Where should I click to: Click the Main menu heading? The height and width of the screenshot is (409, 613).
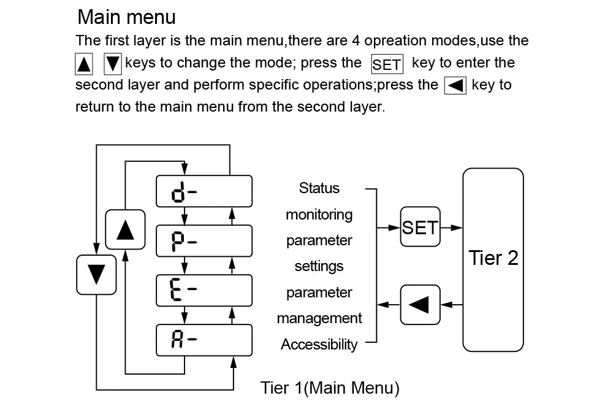click(x=127, y=17)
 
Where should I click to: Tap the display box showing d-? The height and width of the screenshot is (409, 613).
click(x=204, y=191)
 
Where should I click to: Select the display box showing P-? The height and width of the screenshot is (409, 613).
click(x=204, y=240)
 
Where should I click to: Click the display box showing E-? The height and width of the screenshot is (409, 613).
click(x=204, y=290)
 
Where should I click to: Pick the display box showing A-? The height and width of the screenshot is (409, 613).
click(x=204, y=340)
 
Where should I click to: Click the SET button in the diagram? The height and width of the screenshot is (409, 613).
click(x=420, y=227)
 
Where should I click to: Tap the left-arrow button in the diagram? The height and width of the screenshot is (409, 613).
click(x=420, y=304)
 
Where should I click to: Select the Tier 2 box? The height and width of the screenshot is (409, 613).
click(x=493, y=258)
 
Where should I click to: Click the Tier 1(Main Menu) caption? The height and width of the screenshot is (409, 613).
click(x=330, y=388)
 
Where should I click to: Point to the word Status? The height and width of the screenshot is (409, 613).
click(x=319, y=188)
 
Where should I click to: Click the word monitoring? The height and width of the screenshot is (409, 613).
click(x=319, y=214)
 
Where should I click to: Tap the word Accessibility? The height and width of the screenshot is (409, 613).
click(x=319, y=345)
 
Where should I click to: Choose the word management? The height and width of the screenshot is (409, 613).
click(x=319, y=318)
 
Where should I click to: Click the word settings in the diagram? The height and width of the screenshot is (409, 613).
click(x=319, y=266)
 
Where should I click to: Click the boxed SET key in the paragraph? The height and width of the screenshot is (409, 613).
click(x=387, y=64)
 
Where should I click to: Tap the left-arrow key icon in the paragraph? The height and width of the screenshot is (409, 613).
click(x=455, y=85)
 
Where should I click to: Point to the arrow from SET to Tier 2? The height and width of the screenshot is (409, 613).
click(x=451, y=227)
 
